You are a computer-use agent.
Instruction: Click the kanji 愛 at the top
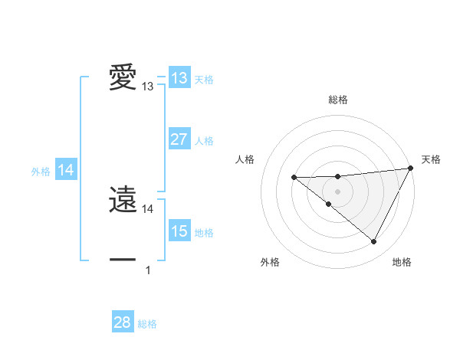pos(123,78)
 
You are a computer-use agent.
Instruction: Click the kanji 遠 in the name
pos(123,201)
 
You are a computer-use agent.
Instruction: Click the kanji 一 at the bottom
pos(123,260)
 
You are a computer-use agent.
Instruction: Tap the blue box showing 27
pos(179,139)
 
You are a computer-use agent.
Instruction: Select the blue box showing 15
pos(179,231)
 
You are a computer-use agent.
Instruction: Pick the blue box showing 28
pos(123,322)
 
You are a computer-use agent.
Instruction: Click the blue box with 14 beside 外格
pos(66,171)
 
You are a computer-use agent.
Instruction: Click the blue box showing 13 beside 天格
pos(179,78)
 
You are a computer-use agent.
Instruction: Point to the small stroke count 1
pos(148,270)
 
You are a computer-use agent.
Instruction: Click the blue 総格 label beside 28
pos(147,324)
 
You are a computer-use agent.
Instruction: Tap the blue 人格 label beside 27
pos(204,141)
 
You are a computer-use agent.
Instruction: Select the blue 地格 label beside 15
pos(204,233)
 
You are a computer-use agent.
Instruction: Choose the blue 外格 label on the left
pos(41,172)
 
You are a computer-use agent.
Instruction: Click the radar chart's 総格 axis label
pos(337,100)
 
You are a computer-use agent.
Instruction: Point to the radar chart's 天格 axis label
pos(432,159)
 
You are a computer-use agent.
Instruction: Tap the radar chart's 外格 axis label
pos(270,263)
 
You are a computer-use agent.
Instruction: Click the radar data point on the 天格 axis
pos(411,168)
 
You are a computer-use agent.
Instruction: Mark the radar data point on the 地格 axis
pos(373,241)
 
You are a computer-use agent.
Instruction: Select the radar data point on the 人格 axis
pos(294,178)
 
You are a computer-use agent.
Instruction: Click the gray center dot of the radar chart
pos(337,191)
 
